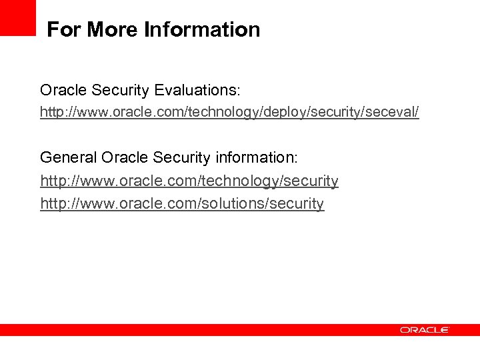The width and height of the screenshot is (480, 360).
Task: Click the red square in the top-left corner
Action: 17,17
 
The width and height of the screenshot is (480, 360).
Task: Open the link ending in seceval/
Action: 229,112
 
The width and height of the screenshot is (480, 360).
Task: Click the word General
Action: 69,157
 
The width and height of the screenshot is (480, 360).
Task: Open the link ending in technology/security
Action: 189,181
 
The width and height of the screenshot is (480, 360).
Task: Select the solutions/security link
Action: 182,203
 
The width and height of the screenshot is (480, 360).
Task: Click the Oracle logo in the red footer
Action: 425,330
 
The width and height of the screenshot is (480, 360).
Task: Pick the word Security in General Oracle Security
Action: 182,157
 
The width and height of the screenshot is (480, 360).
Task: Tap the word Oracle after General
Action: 125,157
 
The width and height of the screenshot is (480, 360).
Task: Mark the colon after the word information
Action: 297,159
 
